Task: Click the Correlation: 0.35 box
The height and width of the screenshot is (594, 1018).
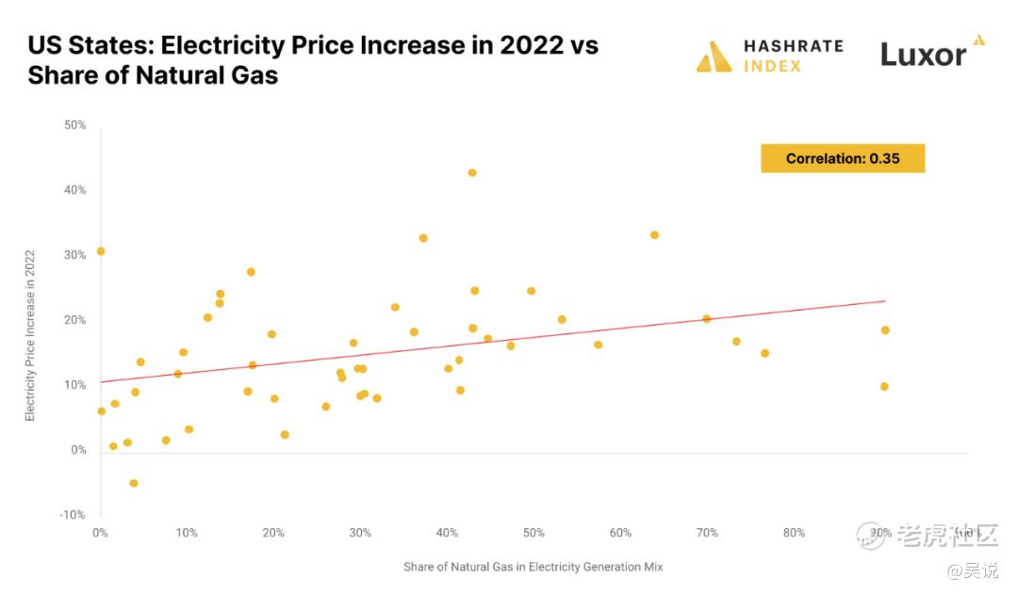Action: [x=843, y=158]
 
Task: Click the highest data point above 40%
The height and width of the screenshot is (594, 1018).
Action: [x=472, y=172]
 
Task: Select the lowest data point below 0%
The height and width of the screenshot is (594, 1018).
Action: [x=134, y=483]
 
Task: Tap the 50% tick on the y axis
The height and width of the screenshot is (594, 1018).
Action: [x=75, y=125]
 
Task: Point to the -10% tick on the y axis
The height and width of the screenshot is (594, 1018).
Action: [x=74, y=515]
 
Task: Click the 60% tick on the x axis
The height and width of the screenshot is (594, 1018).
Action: [x=620, y=533]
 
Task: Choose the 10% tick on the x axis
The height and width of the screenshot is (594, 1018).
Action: [x=187, y=533]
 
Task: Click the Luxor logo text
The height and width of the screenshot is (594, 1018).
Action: [x=924, y=55]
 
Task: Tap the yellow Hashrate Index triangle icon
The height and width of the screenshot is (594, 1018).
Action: [x=714, y=56]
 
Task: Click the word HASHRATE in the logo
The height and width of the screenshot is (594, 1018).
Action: [x=793, y=45]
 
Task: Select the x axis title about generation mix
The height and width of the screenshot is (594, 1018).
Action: [x=534, y=567]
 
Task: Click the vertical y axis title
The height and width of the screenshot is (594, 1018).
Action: [x=30, y=334]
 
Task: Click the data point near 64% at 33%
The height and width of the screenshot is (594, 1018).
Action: [x=654, y=234]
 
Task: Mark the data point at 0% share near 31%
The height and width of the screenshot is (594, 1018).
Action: [x=101, y=251]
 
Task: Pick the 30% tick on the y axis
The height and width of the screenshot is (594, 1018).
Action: [x=75, y=255]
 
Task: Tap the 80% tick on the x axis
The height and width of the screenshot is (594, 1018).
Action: [x=795, y=533]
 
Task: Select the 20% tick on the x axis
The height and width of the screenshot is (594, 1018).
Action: [x=273, y=533]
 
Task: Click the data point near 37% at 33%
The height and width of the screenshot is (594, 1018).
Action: [x=423, y=238]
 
